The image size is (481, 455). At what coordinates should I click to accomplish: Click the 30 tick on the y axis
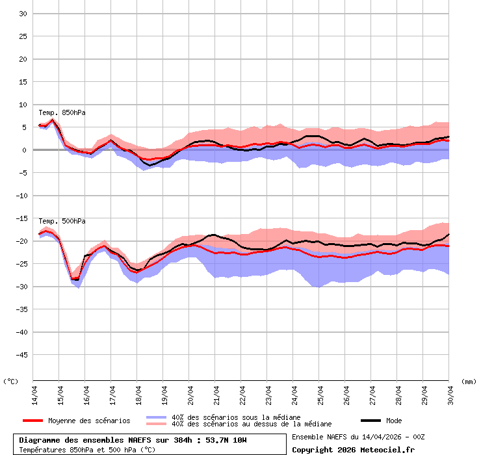22,14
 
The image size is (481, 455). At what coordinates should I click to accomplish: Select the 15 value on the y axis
22,82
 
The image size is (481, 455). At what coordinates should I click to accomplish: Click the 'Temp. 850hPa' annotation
62,112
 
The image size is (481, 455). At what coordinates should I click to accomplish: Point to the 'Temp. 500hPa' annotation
62,221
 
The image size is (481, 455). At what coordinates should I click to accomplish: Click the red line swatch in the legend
32,421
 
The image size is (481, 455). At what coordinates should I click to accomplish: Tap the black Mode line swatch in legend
370,421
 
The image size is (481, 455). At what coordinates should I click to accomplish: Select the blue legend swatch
157,417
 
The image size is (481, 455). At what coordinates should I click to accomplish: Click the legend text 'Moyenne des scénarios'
89,421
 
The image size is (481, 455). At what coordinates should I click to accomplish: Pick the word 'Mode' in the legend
394,421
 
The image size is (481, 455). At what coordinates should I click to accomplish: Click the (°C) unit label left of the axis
11,382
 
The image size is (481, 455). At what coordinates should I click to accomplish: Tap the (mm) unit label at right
469,382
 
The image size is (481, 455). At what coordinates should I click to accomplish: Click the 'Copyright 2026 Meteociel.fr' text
353,449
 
